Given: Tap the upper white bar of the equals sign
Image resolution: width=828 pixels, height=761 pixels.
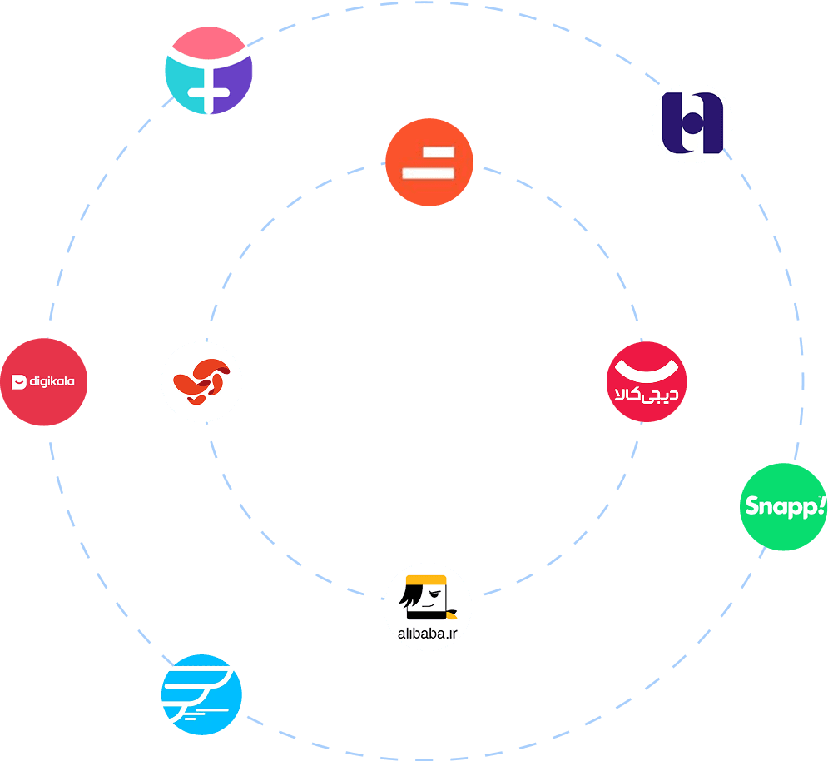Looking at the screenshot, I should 428,153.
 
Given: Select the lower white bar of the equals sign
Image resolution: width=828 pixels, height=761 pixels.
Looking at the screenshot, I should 428,172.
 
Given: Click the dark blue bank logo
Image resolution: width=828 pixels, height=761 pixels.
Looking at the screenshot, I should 692,123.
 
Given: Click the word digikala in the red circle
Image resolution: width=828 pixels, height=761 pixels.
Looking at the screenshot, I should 52,382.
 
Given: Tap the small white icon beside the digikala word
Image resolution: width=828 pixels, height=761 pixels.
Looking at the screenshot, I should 19,382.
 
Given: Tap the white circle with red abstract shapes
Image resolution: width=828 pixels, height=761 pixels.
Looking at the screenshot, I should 201,382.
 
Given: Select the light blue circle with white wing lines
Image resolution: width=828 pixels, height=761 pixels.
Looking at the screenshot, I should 201,695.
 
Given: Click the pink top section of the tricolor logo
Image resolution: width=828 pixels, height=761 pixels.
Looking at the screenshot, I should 209,42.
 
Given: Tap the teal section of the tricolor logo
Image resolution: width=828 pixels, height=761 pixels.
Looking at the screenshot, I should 180,83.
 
